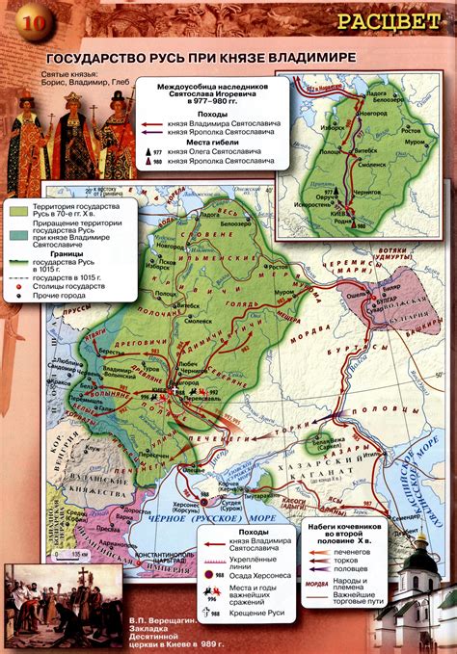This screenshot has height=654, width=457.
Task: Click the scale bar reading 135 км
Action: click(64, 556)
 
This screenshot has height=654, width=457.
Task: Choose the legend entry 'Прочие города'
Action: click(59, 294)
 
